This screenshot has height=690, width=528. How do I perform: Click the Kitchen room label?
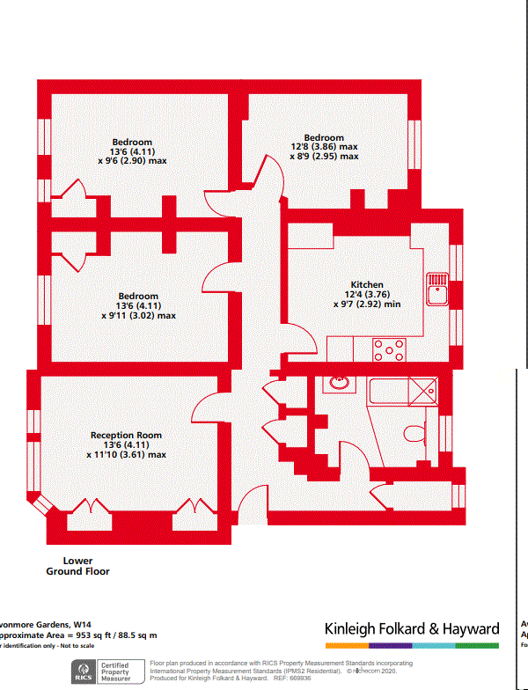[367, 285]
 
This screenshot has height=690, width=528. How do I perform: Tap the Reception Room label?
[126, 436]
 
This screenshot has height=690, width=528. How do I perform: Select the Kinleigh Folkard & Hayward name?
[412, 629]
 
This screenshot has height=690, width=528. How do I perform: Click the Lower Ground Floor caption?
[77, 566]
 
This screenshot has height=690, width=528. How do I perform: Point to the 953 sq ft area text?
[78, 635]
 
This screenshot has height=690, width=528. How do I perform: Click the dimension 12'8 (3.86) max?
[324, 147]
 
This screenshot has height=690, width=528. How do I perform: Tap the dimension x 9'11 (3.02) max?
[138, 315]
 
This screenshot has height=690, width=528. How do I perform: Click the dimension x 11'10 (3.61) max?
[127, 455]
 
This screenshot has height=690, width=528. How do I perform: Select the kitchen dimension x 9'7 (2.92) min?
[367, 304]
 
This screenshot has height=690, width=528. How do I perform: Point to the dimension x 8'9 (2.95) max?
[324, 157]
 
